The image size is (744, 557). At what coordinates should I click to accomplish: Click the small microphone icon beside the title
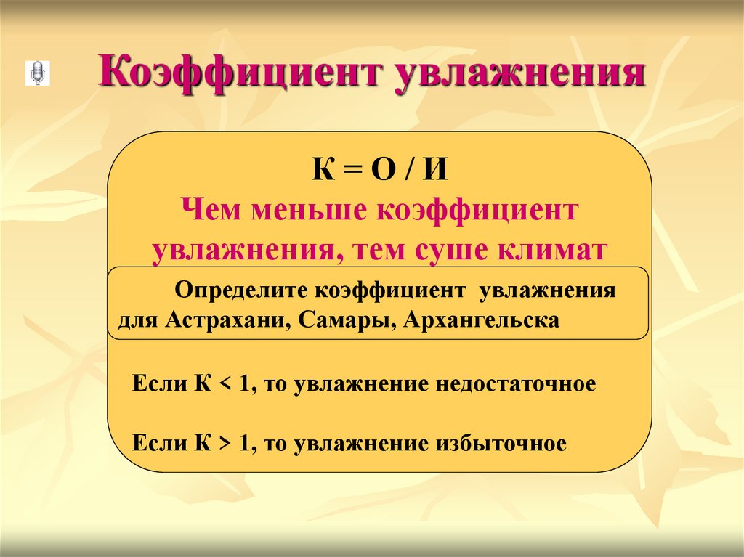[36, 73]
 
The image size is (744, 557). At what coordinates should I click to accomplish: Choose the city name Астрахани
[226, 320]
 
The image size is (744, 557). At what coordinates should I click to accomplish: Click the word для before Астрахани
[137, 321]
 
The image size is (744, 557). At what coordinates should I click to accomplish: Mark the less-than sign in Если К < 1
[223, 384]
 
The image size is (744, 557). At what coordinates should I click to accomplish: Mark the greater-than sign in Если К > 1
[223, 443]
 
